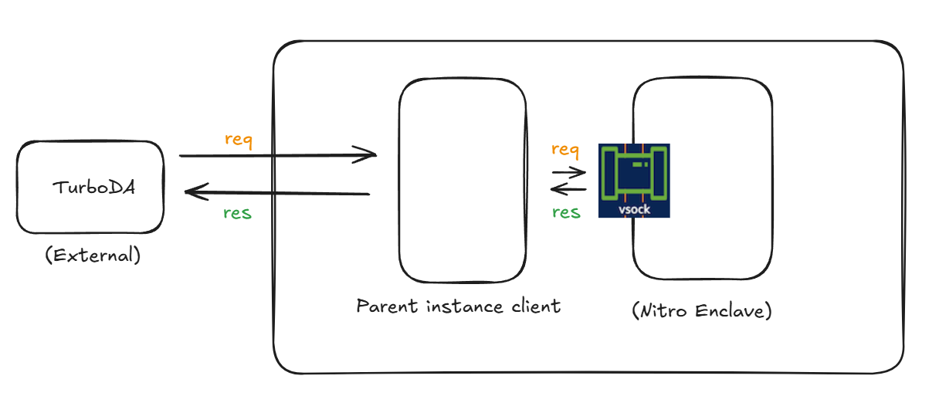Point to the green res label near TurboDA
pos(237,213)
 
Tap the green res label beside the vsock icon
pos(566,212)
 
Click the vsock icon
pos(634,180)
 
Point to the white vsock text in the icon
pos(634,209)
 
